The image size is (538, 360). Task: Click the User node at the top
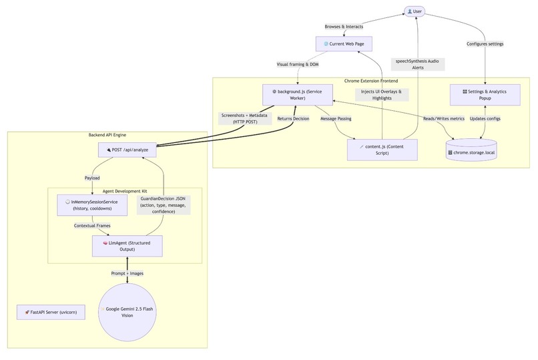pyautogui.click(x=415, y=11)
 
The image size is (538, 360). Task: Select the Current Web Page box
pyautogui.click(x=343, y=44)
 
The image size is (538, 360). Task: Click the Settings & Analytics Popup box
pyautogui.click(x=485, y=94)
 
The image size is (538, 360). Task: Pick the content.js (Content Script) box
pyautogui.click(x=382, y=150)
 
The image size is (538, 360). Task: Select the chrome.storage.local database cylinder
pyautogui.click(x=481, y=151)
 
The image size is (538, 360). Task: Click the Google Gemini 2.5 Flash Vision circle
pyautogui.click(x=127, y=312)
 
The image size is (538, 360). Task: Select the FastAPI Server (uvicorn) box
pyautogui.click(x=51, y=312)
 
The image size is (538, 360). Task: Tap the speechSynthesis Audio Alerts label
pyautogui.click(x=418, y=64)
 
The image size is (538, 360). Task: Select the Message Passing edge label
pyautogui.click(x=336, y=118)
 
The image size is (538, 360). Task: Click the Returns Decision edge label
pyautogui.click(x=293, y=118)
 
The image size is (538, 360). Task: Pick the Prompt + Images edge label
pyautogui.click(x=127, y=273)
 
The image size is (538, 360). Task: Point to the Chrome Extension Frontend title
pyautogui.click(x=372, y=80)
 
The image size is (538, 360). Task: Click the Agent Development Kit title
pyautogui.click(x=125, y=191)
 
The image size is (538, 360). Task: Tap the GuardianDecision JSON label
pyautogui.click(x=164, y=205)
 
